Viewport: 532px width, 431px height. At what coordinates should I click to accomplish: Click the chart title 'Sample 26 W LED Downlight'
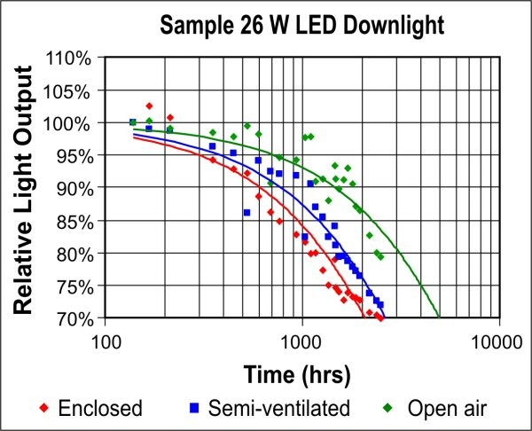pos(302,26)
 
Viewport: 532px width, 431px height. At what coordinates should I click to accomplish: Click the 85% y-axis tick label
pos(73,221)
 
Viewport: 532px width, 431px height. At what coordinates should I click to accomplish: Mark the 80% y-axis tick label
pos(73,254)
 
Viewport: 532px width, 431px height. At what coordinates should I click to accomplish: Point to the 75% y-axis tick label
pos(73,286)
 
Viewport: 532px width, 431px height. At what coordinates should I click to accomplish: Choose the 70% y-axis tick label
pos(73,318)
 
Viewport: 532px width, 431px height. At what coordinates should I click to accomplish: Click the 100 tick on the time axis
pos(106,341)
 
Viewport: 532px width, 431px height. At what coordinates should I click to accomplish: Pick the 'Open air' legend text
pos(448,409)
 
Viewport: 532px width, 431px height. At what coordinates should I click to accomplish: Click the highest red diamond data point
pos(149,106)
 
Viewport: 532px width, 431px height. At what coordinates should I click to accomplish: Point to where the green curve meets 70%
pos(439,317)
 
